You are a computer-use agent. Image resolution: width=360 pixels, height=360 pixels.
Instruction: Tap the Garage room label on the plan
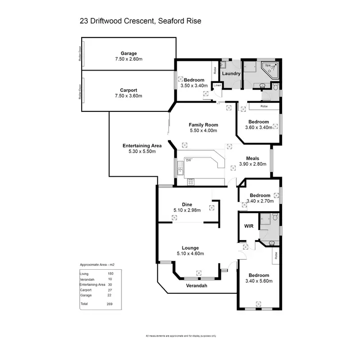(129, 53)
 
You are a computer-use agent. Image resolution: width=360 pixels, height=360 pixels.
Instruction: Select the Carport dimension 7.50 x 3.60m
(129, 96)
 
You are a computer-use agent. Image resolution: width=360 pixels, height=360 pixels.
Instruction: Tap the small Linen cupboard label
(217, 85)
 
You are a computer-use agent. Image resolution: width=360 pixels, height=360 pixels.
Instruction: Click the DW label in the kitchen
(189, 160)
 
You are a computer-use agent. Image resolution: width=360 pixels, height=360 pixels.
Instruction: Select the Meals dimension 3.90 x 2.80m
(252, 164)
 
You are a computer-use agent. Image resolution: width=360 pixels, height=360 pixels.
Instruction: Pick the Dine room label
(187, 204)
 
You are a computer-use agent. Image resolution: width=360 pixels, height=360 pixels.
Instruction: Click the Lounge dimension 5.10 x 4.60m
(187, 253)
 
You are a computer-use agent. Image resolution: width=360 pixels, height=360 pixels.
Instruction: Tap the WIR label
(248, 225)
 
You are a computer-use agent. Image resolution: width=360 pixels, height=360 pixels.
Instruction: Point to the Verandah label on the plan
(197, 286)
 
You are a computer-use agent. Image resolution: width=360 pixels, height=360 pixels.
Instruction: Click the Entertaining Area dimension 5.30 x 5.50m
(142, 151)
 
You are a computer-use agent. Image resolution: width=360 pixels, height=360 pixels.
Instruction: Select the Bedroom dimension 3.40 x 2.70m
(260, 201)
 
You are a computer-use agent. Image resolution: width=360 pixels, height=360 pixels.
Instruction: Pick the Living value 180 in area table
(110, 274)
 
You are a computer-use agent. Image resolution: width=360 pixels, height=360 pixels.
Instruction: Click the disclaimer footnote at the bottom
(181, 336)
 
